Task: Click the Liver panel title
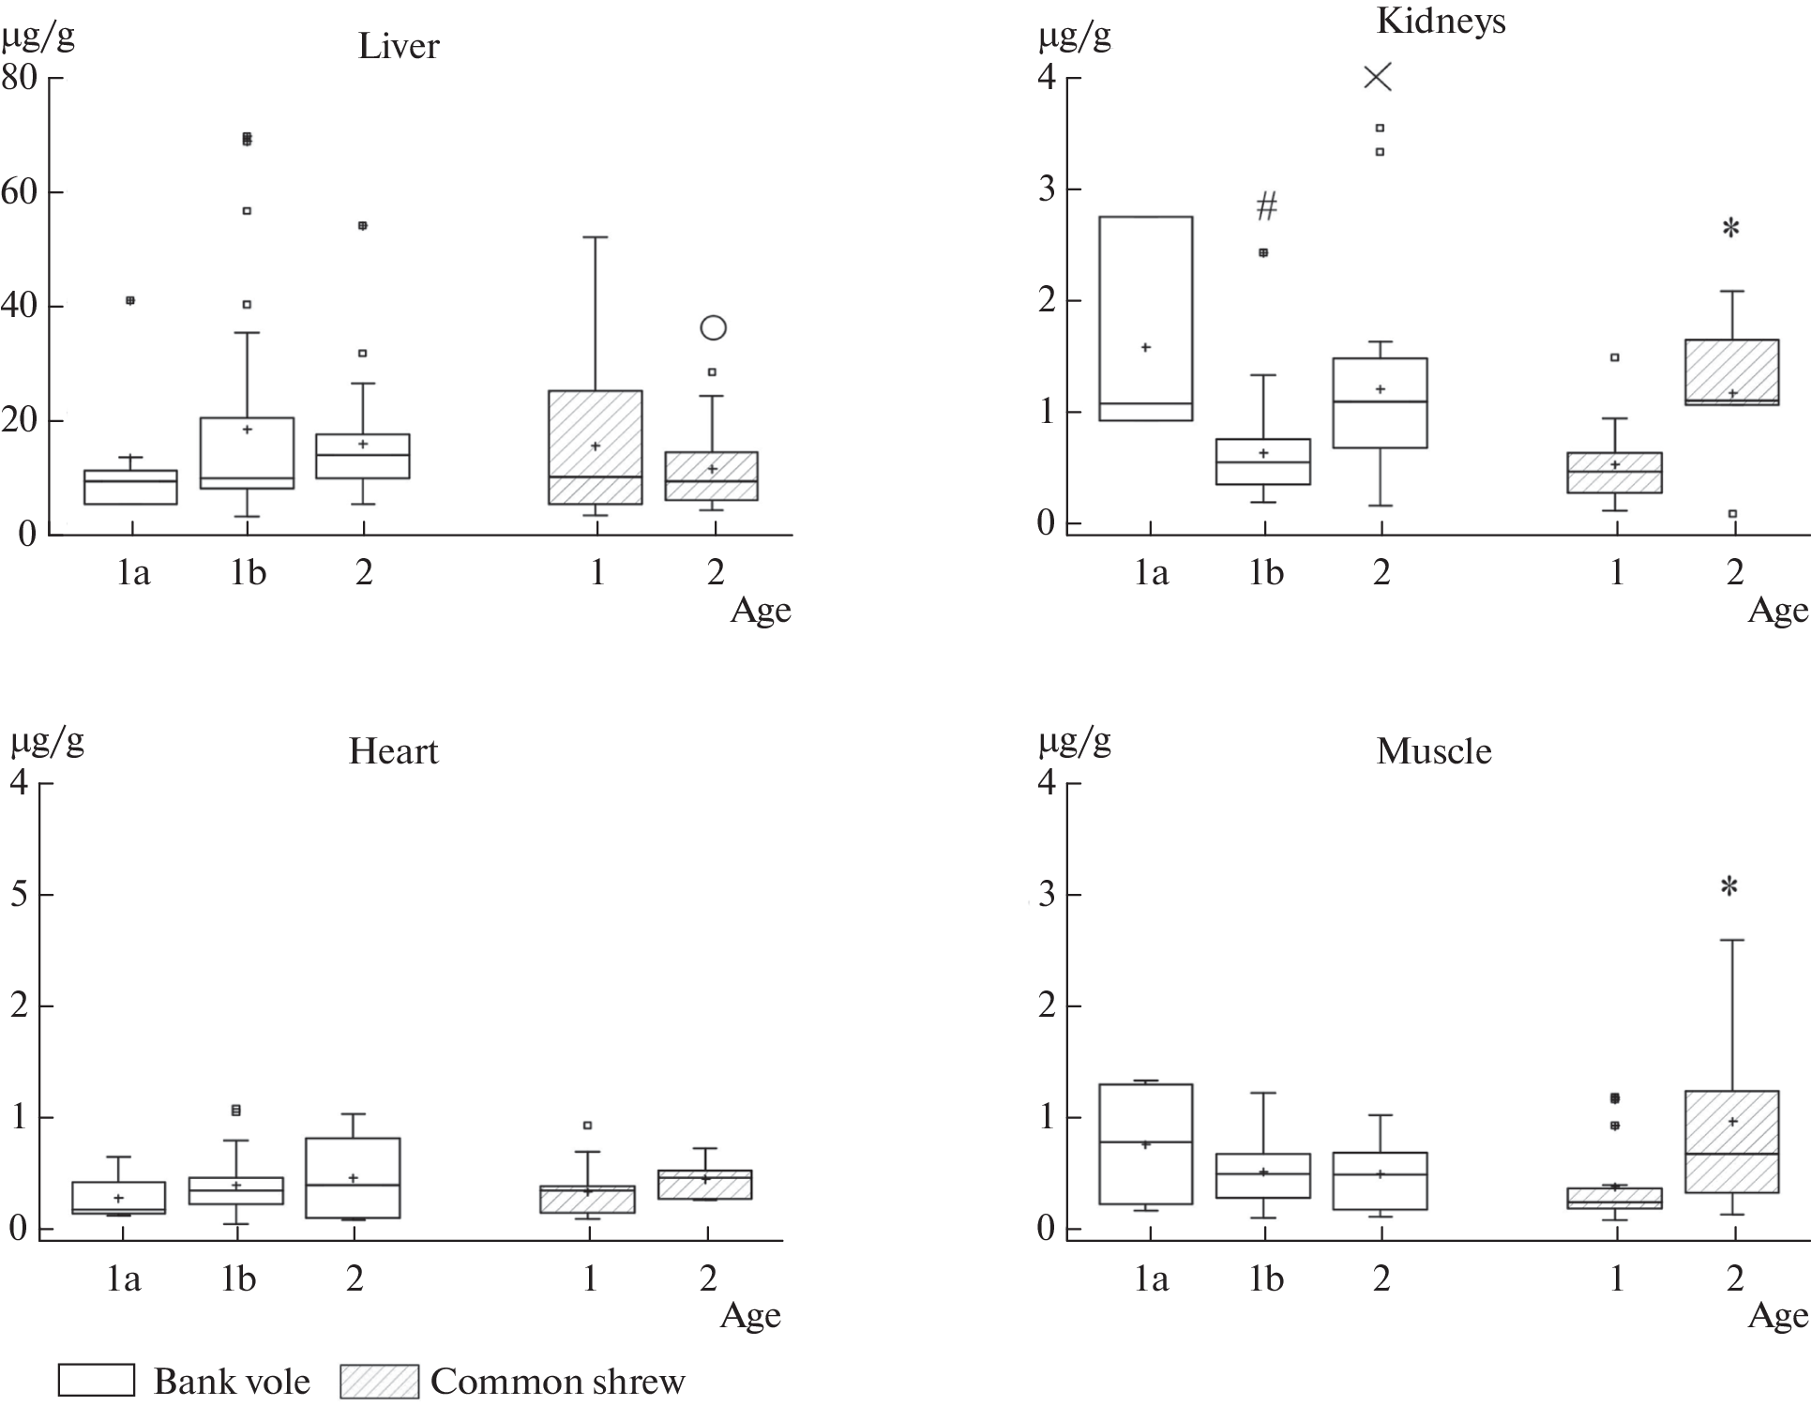click(399, 46)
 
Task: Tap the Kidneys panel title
click(1441, 21)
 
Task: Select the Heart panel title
click(393, 751)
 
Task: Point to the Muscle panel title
click(1433, 751)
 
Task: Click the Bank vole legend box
click(97, 1380)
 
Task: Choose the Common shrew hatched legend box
click(379, 1380)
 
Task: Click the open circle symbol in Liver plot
click(714, 327)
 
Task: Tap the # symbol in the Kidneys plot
click(1266, 205)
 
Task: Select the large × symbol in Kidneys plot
click(1378, 77)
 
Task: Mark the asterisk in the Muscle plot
click(1729, 886)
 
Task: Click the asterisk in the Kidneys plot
click(1731, 228)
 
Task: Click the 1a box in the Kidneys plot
click(1145, 319)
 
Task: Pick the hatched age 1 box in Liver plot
click(596, 446)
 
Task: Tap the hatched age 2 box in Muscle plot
click(1731, 1141)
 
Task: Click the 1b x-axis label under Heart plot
click(238, 1278)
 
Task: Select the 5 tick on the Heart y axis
click(19, 894)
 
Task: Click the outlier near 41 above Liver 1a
click(130, 300)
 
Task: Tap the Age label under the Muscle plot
click(1777, 1316)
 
